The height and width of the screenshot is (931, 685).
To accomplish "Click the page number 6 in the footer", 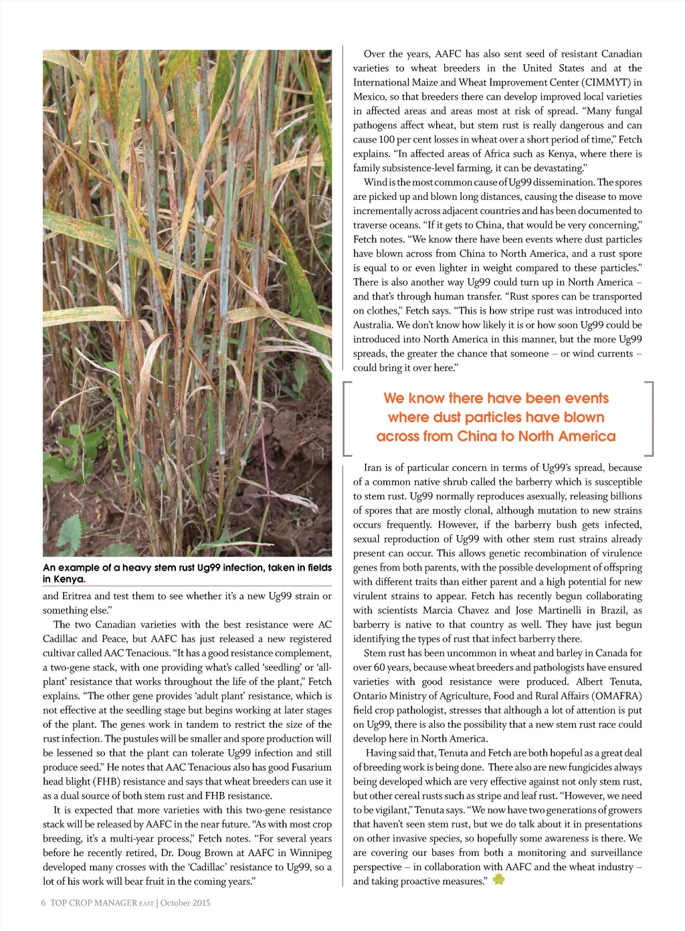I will [x=43, y=903].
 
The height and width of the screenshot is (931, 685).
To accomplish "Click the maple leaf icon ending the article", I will [x=498, y=879].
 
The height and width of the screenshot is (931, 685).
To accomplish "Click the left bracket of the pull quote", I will [x=347, y=418].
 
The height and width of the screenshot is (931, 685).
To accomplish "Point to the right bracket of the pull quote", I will [x=649, y=418].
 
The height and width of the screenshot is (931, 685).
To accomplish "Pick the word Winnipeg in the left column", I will [x=310, y=853].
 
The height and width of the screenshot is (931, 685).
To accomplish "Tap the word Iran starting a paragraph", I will [x=375, y=468].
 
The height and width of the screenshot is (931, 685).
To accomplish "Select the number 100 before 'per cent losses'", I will [x=387, y=139].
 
